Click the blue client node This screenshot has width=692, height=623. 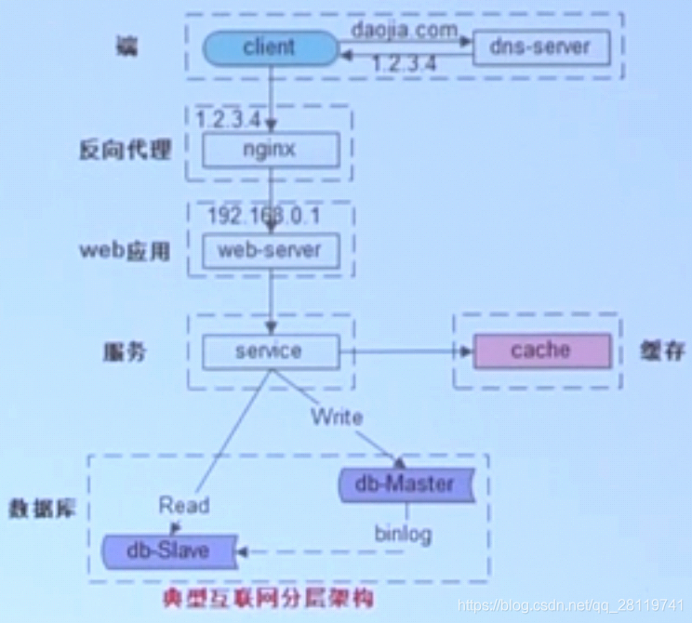pyautogui.click(x=269, y=46)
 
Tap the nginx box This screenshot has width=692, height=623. pyautogui.click(x=269, y=149)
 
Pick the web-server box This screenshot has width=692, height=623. pyautogui.click(x=269, y=249)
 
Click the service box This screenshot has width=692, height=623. pyautogui.click(x=269, y=351)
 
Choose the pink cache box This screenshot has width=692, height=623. pyautogui.click(x=542, y=351)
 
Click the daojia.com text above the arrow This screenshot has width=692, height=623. pyautogui.click(x=405, y=30)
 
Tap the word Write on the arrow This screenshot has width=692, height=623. pyautogui.click(x=337, y=416)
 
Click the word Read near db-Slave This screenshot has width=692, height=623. pyautogui.click(x=183, y=506)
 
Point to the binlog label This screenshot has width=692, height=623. pyautogui.click(x=403, y=535)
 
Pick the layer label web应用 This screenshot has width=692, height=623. pyautogui.click(x=125, y=250)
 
